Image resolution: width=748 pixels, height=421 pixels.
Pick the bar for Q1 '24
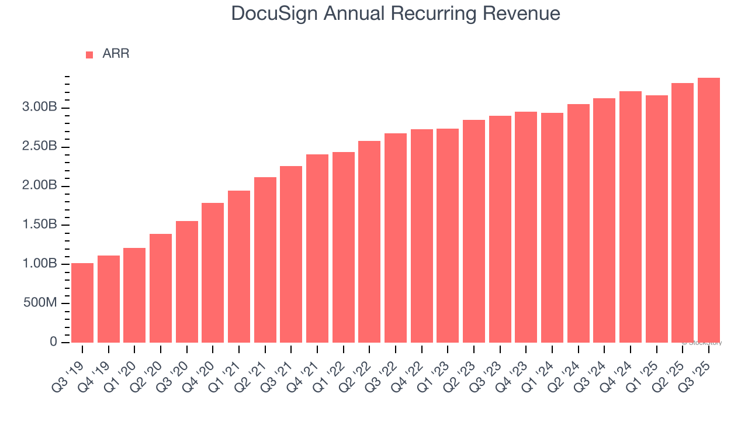click(x=552, y=227)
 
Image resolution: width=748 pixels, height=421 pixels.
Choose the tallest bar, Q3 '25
click(x=708, y=210)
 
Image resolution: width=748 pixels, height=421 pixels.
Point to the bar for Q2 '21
click(x=265, y=260)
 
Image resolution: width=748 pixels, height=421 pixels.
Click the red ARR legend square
click(x=89, y=54)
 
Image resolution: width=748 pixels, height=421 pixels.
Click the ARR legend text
click(x=116, y=54)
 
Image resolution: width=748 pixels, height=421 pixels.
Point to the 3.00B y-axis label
click(x=39, y=108)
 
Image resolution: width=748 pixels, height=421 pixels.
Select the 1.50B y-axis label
click(x=39, y=225)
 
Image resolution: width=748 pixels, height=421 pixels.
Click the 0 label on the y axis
click(x=53, y=342)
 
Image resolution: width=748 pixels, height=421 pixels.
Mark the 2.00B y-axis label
click(x=39, y=186)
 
